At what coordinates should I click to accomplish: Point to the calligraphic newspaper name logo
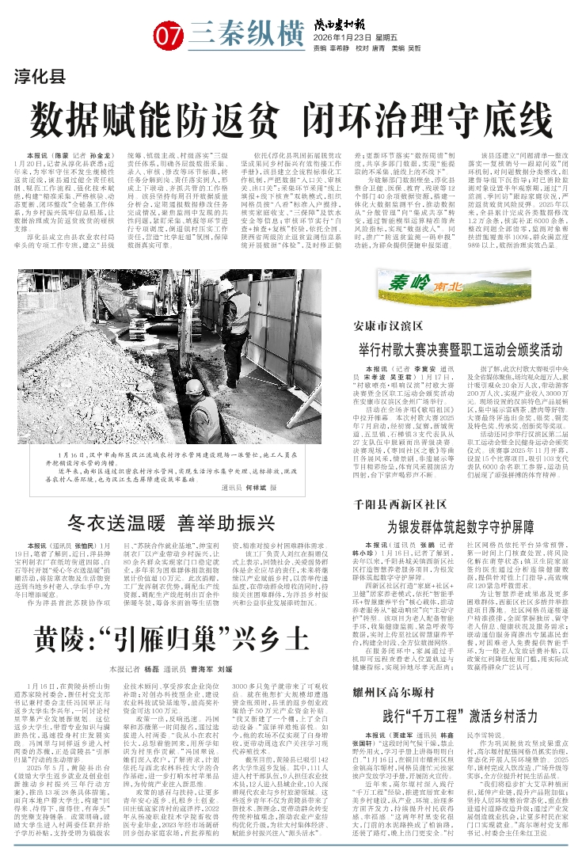(x=355, y=22)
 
